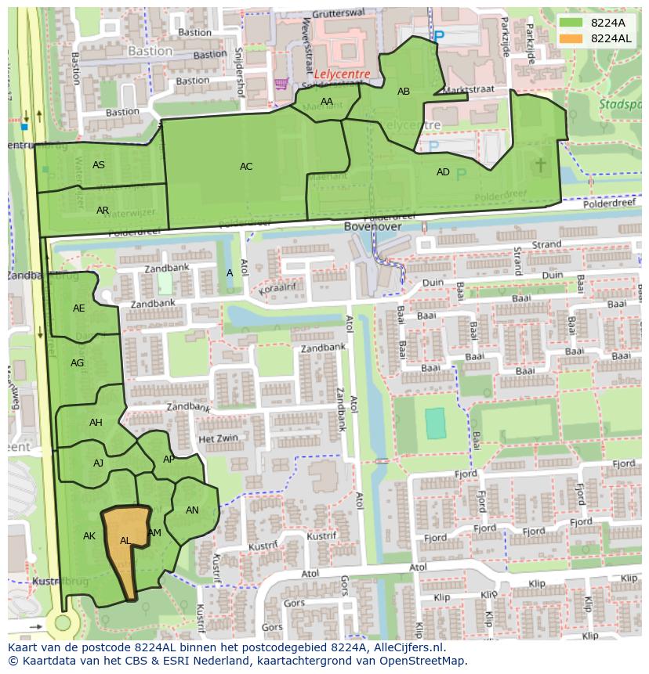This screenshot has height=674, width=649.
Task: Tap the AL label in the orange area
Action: click(x=125, y=541)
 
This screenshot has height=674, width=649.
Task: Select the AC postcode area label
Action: click(x=246, y=167)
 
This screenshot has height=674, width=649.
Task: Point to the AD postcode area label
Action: click(x=443, y=172)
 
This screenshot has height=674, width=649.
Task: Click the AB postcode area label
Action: click(x=404, y=92)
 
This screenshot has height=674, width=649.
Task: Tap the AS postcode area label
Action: click(x=99, y=165)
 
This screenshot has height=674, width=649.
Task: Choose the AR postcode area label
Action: click(x=103, y=211)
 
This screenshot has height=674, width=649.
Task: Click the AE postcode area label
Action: click(x=79, y=308)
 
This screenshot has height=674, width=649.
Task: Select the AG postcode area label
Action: click(x=78, y=363)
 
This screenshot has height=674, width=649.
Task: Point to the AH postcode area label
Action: click(x=96, y=423)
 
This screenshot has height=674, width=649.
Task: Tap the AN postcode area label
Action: click(x=192, y=510)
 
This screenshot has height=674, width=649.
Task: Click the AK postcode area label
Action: click(x=89, y=536)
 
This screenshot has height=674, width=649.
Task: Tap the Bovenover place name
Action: click(x=372, y=226)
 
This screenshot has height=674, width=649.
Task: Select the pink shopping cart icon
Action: click(x=280, y=83)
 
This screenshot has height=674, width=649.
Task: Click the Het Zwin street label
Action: click(x=218, y=439)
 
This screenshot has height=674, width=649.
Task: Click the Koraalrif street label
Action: click(x=280, y=289)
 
